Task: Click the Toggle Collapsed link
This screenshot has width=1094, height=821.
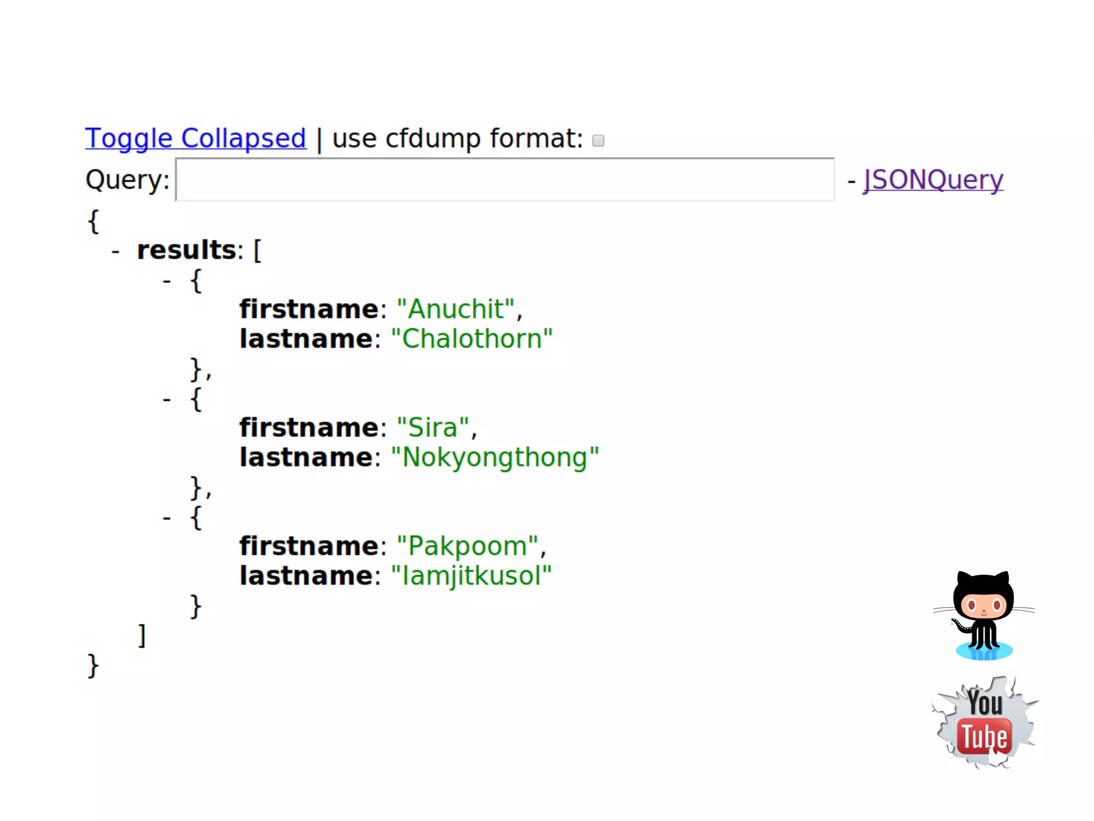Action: point(196,138)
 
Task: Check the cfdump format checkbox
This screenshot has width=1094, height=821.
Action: point(598,141)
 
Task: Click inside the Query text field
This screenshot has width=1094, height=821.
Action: point(504,180)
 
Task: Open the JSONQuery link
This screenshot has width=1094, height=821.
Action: point(933,180)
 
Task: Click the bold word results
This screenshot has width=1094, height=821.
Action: point(186,250)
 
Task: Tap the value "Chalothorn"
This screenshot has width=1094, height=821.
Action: point(472,339)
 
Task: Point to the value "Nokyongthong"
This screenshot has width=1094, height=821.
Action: point(495,458)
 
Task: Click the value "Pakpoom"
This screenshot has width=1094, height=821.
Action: point(467,546)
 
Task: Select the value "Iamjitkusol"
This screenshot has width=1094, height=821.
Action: point(471,576)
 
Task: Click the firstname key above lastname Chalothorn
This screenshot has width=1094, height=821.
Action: point(309,309)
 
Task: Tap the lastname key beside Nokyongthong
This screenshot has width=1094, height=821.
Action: point(306,458)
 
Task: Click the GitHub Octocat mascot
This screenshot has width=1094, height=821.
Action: point(984,615)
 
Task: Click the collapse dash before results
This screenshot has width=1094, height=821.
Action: point(115,251)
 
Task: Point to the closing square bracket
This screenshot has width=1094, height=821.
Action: point(142,636)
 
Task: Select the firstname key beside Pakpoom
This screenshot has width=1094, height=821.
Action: point(309,546)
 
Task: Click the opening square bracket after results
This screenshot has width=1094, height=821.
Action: point(257,250)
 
